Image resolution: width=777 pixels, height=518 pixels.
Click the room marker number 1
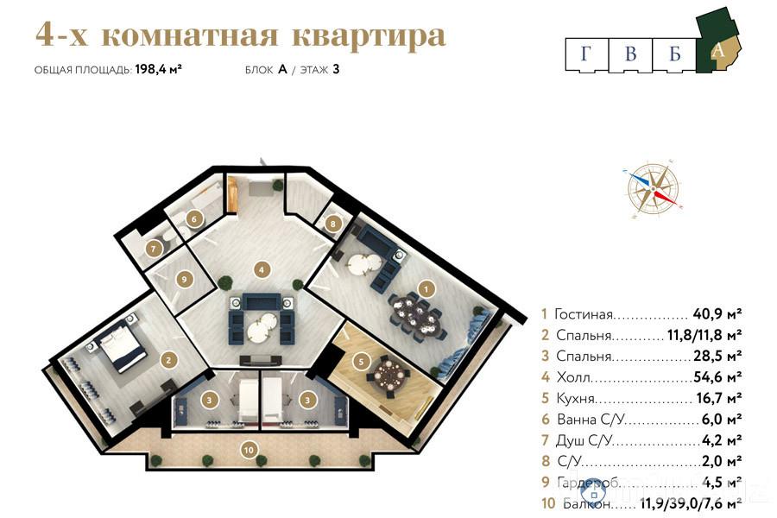[x=424, y=287]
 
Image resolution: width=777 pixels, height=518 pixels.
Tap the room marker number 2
[x=169, y=359]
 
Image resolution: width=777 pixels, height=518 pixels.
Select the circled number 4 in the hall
[x=262, y=269]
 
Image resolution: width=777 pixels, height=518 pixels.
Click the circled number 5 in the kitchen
[x=362, y=360]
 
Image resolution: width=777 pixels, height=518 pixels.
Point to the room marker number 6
[x=194, y=219]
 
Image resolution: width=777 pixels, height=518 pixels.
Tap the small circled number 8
[x=334, y=224]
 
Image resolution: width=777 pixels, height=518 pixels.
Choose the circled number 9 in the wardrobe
[x=182, y=279]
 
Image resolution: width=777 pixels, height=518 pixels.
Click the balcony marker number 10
[x=250, y=448]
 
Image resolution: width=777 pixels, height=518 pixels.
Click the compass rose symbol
[x=654, y=187]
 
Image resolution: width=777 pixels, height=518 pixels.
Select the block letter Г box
[x=587, y=54]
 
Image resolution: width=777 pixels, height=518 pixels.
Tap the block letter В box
[x=631, y=54]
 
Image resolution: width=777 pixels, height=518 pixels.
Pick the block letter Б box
[x=675, y=54]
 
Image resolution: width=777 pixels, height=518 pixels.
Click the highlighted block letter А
[x=717, y=50]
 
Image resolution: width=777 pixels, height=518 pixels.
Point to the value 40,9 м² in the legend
[x=717, y=314]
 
